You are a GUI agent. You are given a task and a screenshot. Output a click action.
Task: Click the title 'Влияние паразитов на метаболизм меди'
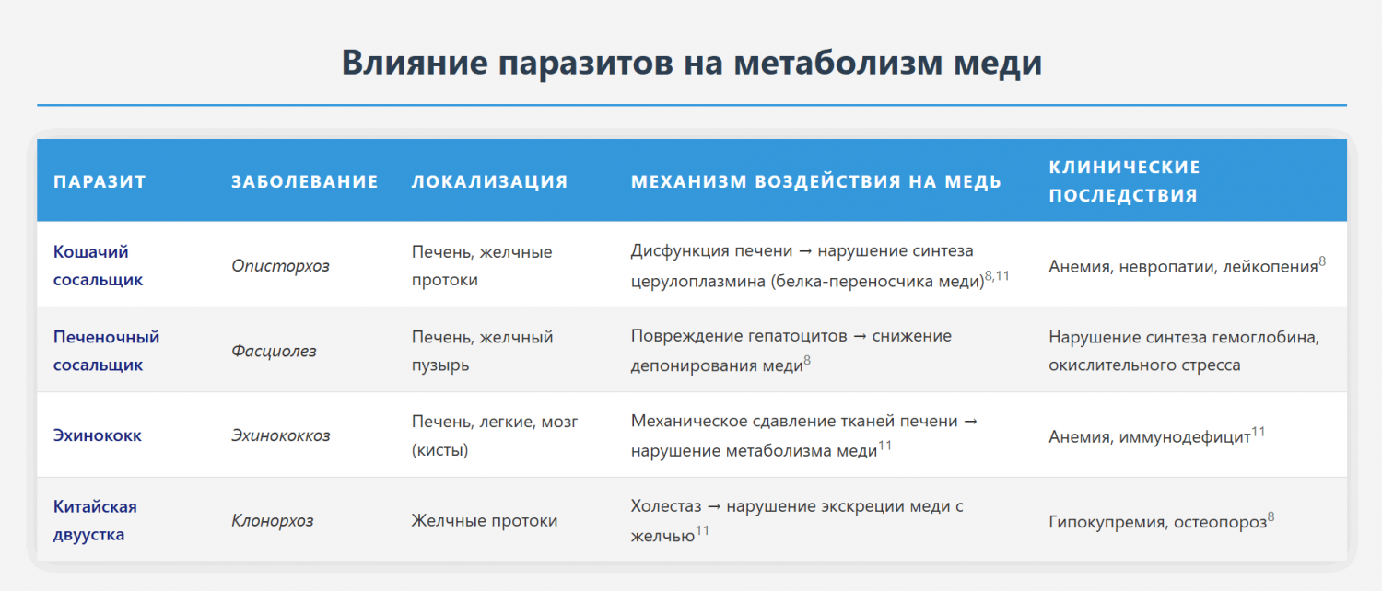click(x=692, y=63)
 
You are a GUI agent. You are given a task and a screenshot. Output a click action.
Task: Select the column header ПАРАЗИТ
click(x=100, y=181)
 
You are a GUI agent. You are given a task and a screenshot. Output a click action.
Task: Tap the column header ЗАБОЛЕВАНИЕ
click(x=305, y=181)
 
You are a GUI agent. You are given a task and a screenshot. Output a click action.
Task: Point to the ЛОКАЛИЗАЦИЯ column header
click(x=489, y=181)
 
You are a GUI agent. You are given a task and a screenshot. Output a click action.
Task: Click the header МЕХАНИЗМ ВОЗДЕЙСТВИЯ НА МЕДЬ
click(x=815, y=181)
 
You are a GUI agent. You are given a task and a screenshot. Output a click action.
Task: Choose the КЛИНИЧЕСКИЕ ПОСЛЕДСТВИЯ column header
click(x=1124, y=181)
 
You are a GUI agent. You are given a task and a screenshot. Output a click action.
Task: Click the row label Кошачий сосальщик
click(x=98, y=266)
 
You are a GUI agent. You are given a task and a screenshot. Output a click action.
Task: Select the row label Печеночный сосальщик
click(x=106, y=351)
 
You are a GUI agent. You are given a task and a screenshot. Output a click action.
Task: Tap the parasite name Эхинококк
click(x=98, y=435)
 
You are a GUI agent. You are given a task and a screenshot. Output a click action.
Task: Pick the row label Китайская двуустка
click(x=95, y=520)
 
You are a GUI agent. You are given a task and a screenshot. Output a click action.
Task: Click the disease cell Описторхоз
click(x=280, y=266)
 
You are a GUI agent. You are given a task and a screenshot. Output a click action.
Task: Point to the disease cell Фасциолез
click(x=274, y=351)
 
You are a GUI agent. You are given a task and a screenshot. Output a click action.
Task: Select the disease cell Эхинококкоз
click(x=281, y=435)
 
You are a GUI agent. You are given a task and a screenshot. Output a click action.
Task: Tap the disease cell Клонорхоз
click(x=272, y=521)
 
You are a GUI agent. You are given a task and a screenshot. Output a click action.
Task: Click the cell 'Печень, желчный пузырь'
click(x=483, y=351)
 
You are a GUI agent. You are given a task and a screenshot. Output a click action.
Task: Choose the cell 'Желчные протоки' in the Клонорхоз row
click(x=485, y=521)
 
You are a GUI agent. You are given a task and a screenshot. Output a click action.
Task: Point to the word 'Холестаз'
click(x=666, y=506)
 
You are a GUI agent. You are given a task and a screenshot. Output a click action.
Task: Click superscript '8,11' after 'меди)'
click(x=997, y=275)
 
